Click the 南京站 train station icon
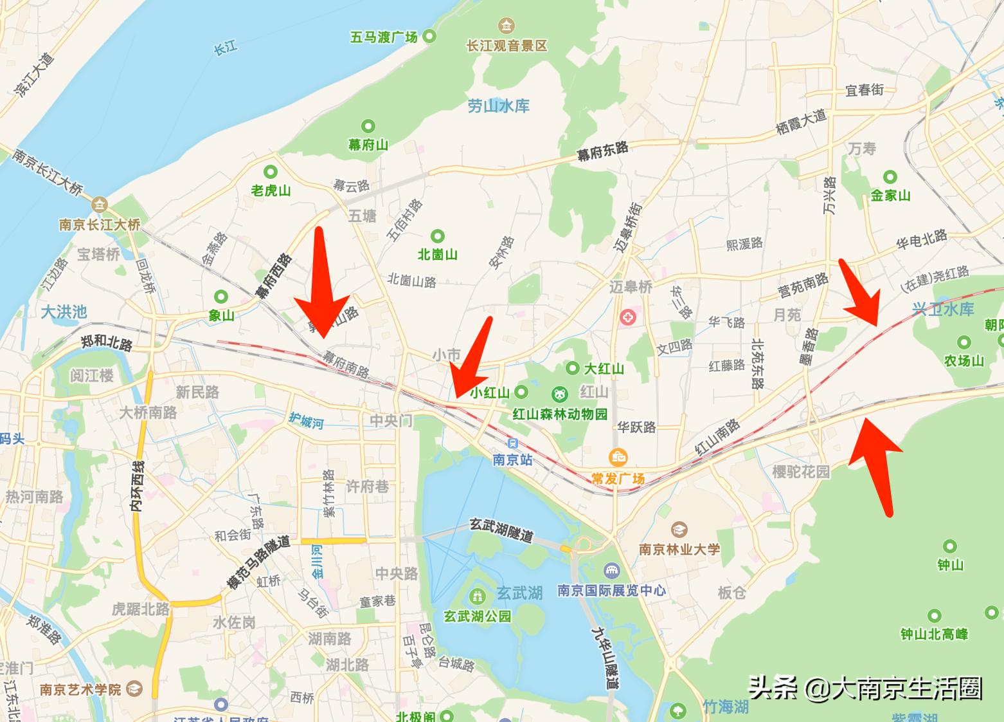pyautogui.click(x=513, y=443)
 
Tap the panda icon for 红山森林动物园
pyautogui.click(x=560, y=394)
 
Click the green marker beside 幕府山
pyautogui.click(x=368, y=125)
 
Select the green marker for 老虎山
pyautogui.click(x=271, y=172)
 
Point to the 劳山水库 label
pyautogui.click(x=498, y=106)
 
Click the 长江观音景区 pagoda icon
pyautogui.click(x=506, y=26)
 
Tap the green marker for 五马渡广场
pyautogui.click(x=429, y=37)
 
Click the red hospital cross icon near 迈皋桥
pyautogui.click(x=627, y=317)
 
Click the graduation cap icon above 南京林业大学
pyautogui.click(x=679, y=530)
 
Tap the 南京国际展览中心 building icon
pyautogui.click(x=611, y=571)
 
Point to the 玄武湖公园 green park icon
pyautogui.click(x=478, y=596)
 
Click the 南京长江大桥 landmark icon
pyautogui.click(x=100, y=205)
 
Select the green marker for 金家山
pyautogui.click(x=890, y=176)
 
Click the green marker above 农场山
pyautogui.click(x=964, y=342)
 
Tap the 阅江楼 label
pyautogui.click(x=91, y=375)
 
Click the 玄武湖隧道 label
pyautogui.click(x=502, y=530)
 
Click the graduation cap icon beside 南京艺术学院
pyautogui.click(x=134, y=689)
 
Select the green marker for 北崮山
pyautogui.click(x=438, y=236)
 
